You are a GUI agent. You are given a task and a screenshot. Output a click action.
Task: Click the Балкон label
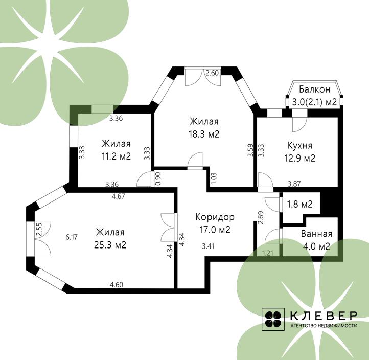coord(314,89)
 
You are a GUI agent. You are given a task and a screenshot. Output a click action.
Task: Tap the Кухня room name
coord(300,146)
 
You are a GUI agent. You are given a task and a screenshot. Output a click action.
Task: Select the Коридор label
coord(215,217)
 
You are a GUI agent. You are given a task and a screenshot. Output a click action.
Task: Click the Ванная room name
coord(316,234)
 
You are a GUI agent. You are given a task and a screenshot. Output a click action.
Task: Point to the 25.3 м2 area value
coord(110,245)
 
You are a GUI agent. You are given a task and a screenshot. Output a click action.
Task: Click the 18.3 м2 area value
coord(204,134)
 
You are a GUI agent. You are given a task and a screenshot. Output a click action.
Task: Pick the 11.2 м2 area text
coord(116,156)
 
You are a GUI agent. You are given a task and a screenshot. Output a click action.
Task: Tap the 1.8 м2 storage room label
coord(299,204)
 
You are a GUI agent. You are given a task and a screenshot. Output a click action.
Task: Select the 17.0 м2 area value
coord(215,230)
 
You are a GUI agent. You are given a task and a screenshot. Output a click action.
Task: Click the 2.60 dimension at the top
coord(212,73)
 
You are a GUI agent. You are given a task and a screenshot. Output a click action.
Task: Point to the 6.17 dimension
coord(72,237)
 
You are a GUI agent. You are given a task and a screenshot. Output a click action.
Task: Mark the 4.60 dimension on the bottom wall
coord(116,285)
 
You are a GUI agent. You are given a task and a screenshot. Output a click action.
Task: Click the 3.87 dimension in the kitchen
coord(294,184)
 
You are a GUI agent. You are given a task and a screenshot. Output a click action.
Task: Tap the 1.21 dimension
coord(268,253)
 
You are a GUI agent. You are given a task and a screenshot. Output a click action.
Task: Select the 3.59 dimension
coord(250,150)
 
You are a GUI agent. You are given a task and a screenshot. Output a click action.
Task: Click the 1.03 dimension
coord(214,178)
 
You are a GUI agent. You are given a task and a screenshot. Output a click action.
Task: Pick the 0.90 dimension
coord(158,178)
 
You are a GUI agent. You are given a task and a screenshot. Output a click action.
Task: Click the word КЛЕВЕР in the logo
coord(324,316)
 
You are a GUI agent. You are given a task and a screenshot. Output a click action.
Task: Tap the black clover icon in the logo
coord(273,319)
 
